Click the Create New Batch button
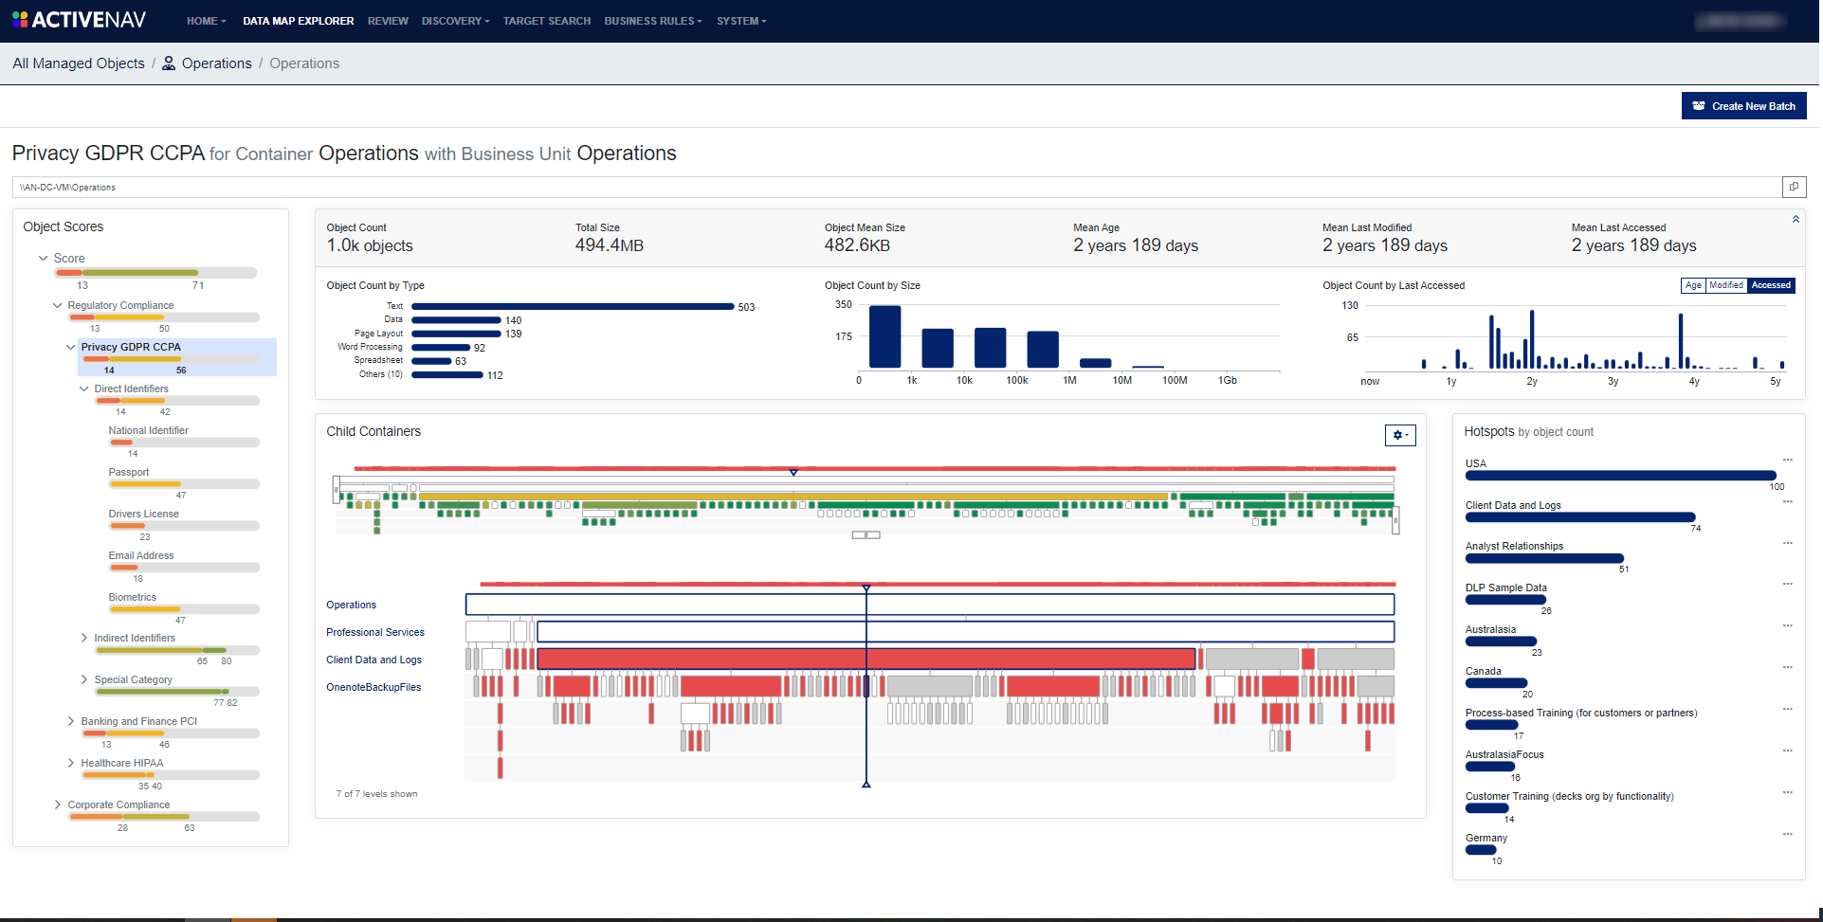click(x=1743, y=106)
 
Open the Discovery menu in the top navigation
click(x=455, y=21)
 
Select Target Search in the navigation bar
click(x=546, y=21)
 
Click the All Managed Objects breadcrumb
click(x=79, y=63)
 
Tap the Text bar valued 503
click(x=573, y=307)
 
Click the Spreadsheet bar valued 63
click(x=431, y=361)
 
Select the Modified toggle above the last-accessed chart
click(x=1725, y=285)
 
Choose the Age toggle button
click(x=1693, y=285)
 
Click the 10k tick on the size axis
click(x=964, y=380)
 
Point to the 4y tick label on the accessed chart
click(x=1694, y=381)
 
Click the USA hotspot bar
click(x=1620, y=476)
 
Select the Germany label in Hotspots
click(x=1486, y=838)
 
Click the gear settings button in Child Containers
click(x=1400, y=435)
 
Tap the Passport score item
click(x=129, y=472)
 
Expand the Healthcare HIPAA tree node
click(x=71, y=763)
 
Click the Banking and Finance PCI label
click(x=139, y=721)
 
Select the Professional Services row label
click(x=375, y=632)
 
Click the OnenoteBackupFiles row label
click(x=374, y=687)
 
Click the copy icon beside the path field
click(x=1794, y=187)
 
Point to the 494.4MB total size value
click(x=609, y=245)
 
